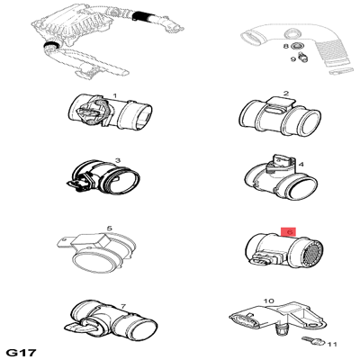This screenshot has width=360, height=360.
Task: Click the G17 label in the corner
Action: coord(22,352)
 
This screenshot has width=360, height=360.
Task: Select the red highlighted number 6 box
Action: coord(288,232)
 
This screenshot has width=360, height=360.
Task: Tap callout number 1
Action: coord(114,96)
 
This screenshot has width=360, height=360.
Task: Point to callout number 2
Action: coord(286,94)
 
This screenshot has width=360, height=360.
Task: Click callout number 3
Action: coord(118,160)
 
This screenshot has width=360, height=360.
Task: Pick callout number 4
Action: coord(301,165)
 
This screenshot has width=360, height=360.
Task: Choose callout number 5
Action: coord(110,229)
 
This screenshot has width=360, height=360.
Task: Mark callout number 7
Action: coord(123,307)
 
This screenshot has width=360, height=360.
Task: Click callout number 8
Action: coord(286,46)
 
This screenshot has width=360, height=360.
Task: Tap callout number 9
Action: coord(293,59)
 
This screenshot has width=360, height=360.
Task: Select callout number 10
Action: coord(269,301)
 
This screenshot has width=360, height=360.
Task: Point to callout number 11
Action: coord(331,345)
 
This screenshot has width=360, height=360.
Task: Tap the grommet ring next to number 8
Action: coord(298,46)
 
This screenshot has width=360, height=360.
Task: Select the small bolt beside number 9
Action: coord(303,57)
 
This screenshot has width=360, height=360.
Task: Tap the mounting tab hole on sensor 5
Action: coord(63,240)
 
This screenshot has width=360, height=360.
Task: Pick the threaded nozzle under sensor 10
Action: coord(281,331)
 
